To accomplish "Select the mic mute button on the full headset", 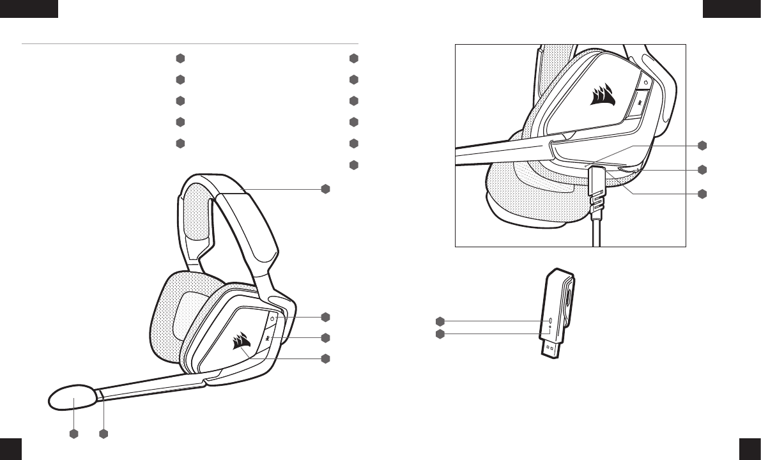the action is click(x=268, y=337).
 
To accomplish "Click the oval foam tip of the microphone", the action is click(x=73, y=399).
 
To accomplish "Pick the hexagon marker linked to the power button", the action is click(x=326, y=317).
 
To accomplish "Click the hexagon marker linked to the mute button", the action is click(x=326, y=337).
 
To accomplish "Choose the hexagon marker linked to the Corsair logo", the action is click(x=326, y=358).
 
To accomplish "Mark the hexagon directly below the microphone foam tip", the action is click(x=73, y=434).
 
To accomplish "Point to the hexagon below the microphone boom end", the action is click(x=104, y=434).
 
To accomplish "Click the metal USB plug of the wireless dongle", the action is click(x=551, y=351).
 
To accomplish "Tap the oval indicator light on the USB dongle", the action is click(x=551, y=319).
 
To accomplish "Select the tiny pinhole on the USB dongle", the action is click(x=551, y=327).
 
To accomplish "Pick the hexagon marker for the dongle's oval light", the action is click(x=440, y=320).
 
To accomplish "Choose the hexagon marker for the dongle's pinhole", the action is click(x=440, y=334).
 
